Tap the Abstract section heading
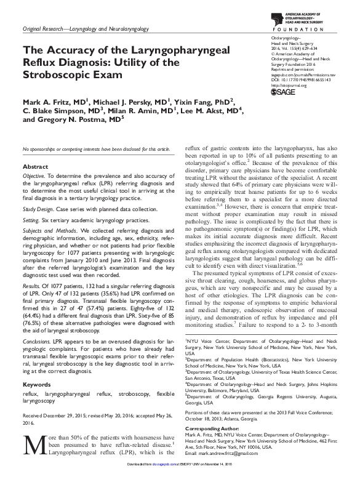35,167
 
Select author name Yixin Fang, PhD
204,102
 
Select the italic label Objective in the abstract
34,177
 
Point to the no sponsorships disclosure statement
96,150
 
